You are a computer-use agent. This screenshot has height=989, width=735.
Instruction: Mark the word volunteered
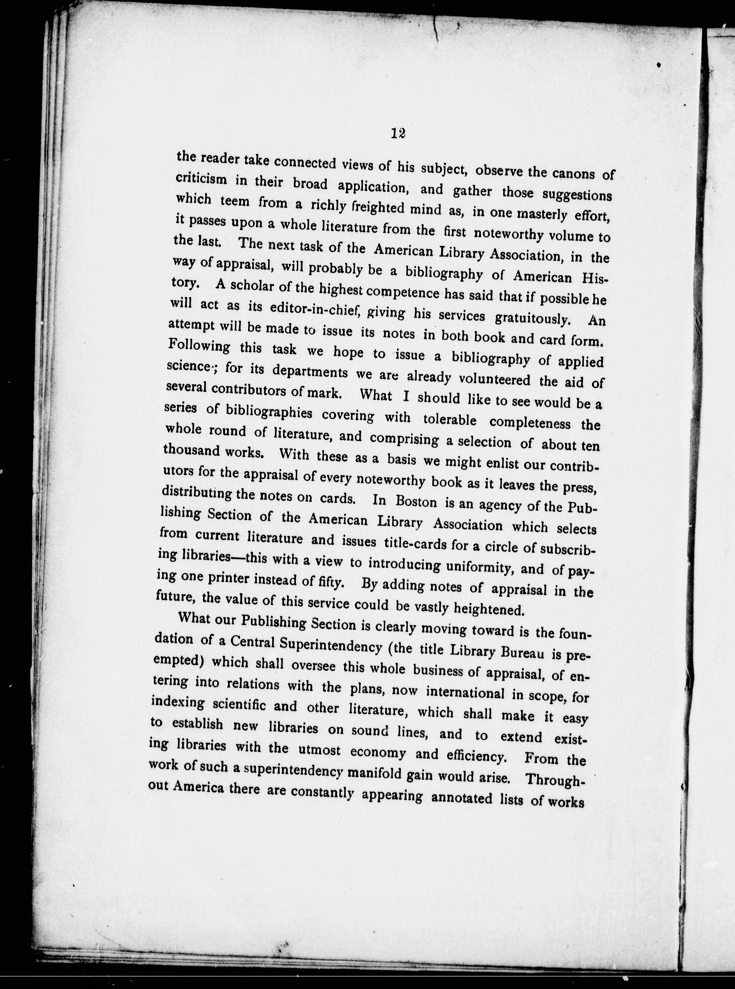[494, 379]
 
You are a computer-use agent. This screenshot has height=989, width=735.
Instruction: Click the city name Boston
[416, 502]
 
